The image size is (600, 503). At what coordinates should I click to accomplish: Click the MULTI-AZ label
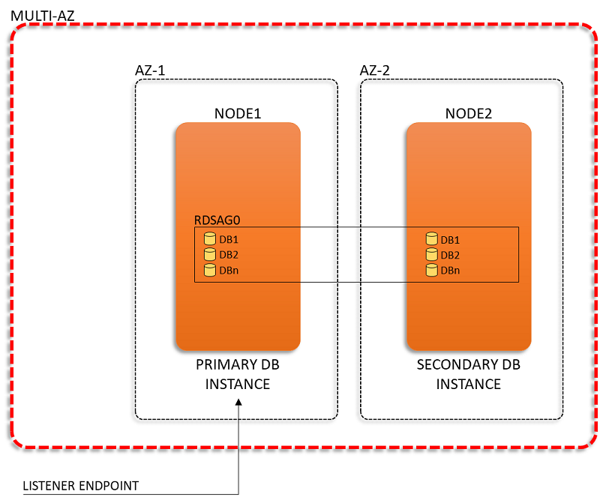tap(43, 16)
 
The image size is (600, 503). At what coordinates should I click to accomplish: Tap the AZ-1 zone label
tap(150, 70)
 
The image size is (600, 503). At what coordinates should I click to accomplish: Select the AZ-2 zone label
tap(374, 70)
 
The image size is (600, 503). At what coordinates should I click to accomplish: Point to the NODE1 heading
tap(238, 114)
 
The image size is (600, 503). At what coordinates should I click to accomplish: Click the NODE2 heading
tap(468, 114)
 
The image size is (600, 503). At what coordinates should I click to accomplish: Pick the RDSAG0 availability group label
tap(217, 220)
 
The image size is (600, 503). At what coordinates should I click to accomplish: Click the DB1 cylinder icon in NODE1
tap(210, 239)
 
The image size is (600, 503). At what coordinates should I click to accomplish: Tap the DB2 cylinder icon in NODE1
tap(210, 254)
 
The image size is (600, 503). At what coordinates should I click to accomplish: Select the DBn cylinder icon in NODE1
tap(210, 270)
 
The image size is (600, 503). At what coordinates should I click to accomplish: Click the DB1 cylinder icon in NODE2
tap(432, 239)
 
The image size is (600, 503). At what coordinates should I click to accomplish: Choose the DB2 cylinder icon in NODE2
tap(432, 255)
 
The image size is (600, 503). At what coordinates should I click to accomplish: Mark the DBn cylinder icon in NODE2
tap(432, 270)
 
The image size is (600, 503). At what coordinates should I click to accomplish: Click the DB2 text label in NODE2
tap(450, 255)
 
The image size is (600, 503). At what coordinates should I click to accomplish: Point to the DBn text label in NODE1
tap(229, 271)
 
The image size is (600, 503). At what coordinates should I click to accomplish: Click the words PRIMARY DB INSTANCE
tap(238, 374)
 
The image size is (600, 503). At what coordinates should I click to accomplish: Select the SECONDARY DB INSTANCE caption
tap(468, 374)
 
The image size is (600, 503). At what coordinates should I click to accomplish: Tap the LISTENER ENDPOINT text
tap(81, 486)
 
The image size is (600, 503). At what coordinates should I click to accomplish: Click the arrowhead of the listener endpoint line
tap(238, 402)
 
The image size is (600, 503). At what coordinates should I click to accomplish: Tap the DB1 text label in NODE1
tap(229, 239)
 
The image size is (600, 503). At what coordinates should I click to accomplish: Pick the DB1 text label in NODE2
tap(450, 240)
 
